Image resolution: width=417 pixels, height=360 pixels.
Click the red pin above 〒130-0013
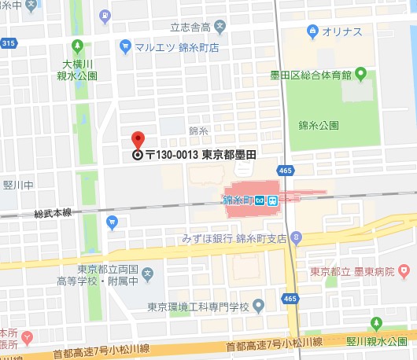[x=138, y=140]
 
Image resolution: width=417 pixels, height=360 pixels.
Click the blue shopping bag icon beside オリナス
[x=312, y=31]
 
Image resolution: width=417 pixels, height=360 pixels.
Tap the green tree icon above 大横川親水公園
[x=76, y=45]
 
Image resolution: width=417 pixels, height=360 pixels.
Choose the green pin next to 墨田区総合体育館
[x=360, y=75]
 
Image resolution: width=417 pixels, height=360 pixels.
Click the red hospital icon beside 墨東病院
[x=404, y=271]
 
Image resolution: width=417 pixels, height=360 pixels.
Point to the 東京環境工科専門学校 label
[x=198, y=306]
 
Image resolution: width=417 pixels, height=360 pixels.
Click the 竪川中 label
[x=17, y=186]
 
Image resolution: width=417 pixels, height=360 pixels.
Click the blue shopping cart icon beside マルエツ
[x=124, y=47]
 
